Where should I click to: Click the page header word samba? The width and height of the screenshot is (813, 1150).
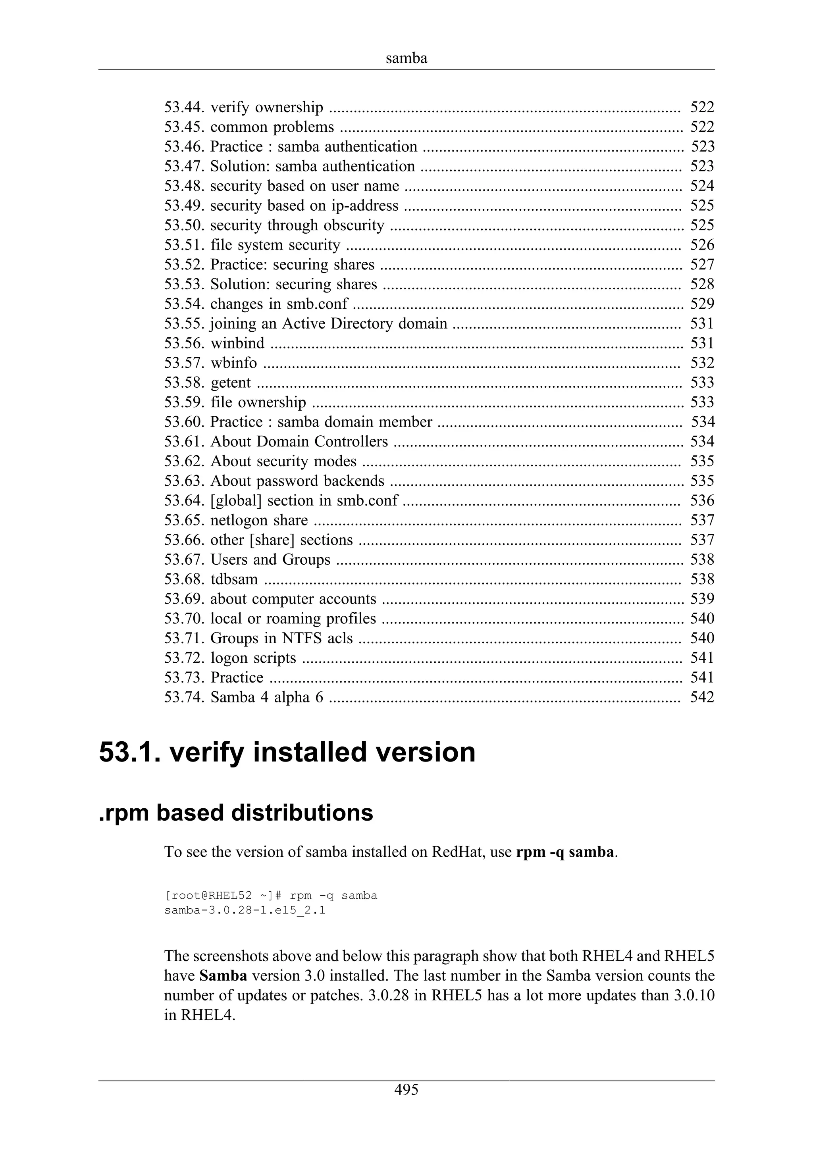(x=406, y=59)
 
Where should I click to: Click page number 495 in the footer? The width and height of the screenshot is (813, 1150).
(x=406, y=1089)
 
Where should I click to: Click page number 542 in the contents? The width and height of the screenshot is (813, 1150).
(x=702, y=697)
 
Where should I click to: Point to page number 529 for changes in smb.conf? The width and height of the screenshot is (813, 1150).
(x=702, y=304)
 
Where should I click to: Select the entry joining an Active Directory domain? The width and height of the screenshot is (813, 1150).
(x=328, y=323)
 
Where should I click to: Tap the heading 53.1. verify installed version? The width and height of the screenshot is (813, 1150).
(x=287, y=752)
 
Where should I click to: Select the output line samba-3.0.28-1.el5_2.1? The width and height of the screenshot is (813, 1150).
(x=245, y=910)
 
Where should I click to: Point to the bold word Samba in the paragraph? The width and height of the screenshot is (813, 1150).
(x=223, y=976)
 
